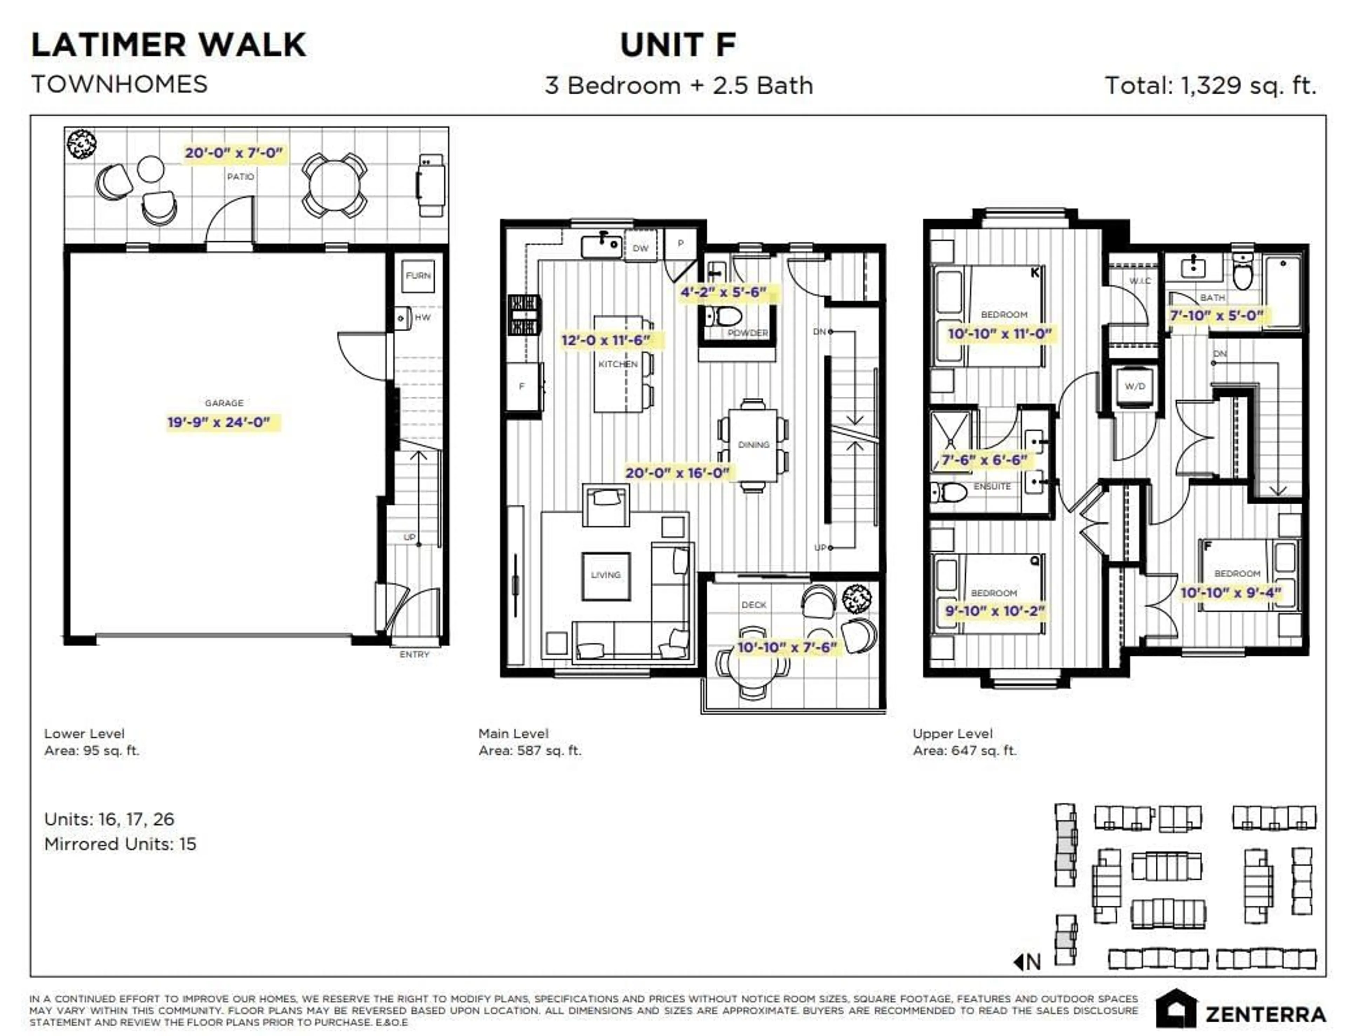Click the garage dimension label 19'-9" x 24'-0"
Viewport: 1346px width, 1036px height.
pyautogui.click(x=219, y=422)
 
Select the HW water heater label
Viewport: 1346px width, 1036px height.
pyautogui.click(x=423, y=318)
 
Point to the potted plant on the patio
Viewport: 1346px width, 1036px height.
pyautogui.click(x=81, y=144)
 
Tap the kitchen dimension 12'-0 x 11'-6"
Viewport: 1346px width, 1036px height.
pyautogui.click(x=605, y=340)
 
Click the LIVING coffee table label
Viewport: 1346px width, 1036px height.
pyautogui.click(x=606, y=575)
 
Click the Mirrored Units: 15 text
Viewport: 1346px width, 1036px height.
pyautogui.click(x=120, y=844)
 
